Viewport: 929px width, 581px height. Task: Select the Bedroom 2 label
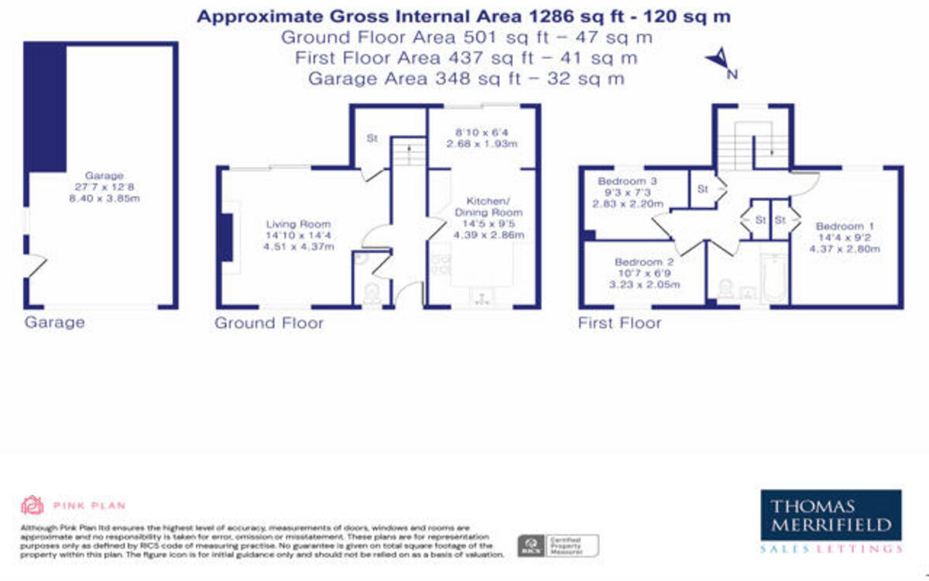coord(639,262)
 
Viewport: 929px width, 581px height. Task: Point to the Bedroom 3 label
coord(627,182)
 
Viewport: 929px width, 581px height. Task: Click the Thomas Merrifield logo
coord(831,521)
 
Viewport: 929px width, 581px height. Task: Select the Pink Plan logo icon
coord(31,505)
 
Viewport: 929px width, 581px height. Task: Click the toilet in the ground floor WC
coord(372,295)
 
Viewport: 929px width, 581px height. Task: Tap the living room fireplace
coord(225,239)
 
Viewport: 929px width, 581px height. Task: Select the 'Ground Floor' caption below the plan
coord(269,323)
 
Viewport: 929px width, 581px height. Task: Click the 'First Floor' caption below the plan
coord(619,323)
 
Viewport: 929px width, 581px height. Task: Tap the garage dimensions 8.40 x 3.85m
coord(104,199)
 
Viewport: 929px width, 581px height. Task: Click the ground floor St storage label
coord(372,139)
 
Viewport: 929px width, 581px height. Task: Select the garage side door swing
coord(35,267)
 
